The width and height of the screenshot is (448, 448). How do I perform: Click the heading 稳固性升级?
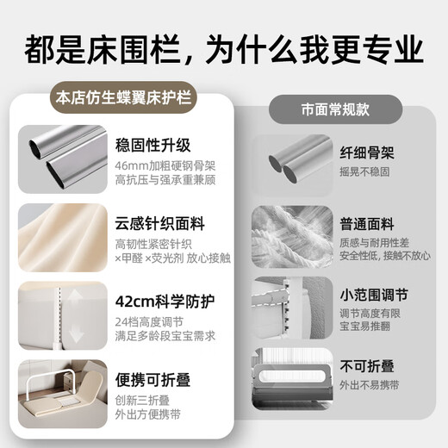(x=152, y=144)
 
